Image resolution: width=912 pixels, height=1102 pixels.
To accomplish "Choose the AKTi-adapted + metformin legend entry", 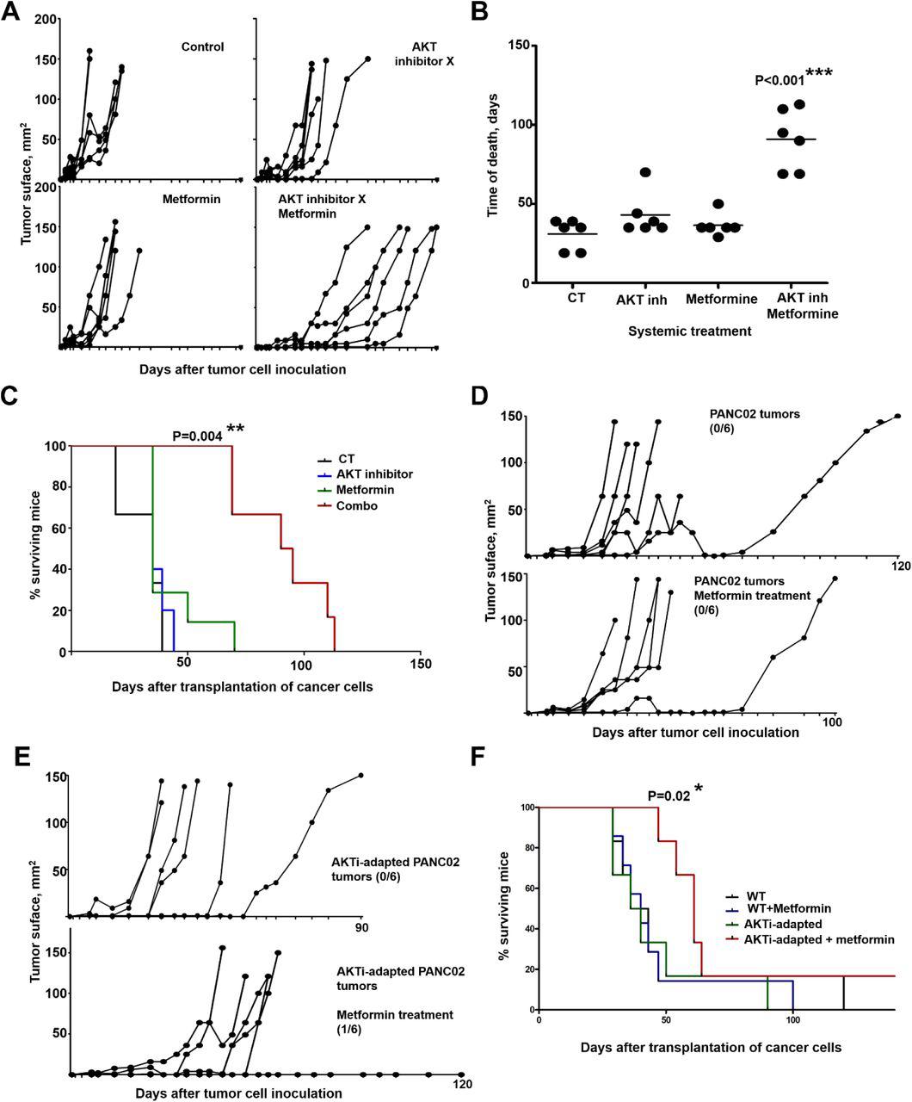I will click(818, 938).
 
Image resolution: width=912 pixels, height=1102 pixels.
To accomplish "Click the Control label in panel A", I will click(203, 46).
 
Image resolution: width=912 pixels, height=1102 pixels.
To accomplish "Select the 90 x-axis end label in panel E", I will click(361, 927).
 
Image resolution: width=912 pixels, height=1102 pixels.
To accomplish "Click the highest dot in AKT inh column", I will click(644, 172).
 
